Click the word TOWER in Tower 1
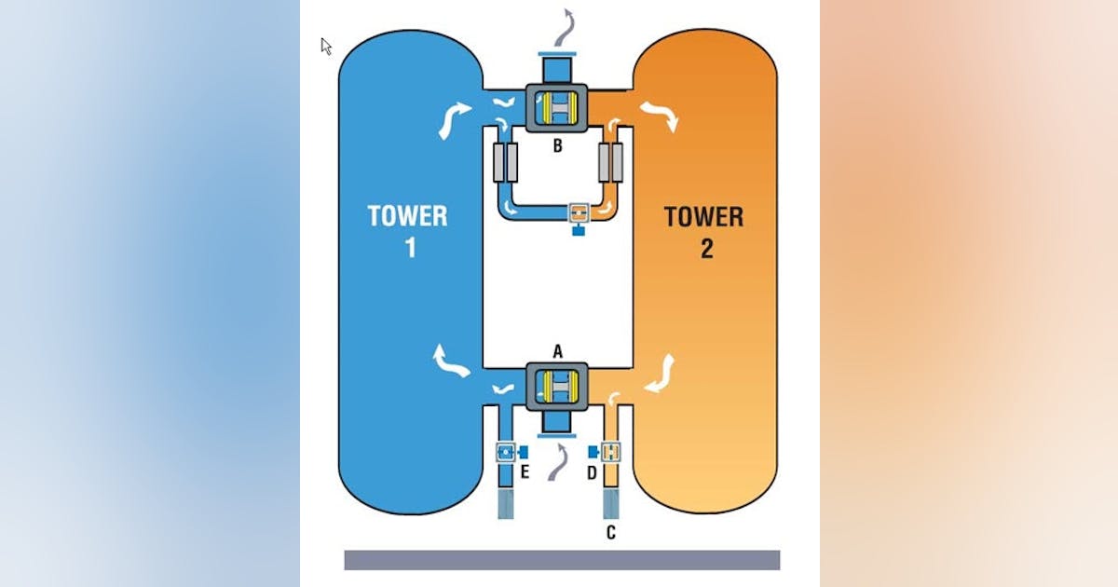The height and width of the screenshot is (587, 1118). [x=407, y=216]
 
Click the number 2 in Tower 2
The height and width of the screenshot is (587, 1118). [x=706, y=249]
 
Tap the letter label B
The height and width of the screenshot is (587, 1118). [x=557, y=145]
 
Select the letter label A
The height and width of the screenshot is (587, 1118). [x=558, y=350]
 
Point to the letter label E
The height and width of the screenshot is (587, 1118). [x=525, y=472]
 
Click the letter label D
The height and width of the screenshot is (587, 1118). [x=591, y=472]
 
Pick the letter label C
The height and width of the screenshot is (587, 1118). [x=611, y=533]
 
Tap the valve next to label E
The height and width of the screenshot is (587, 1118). [x=506, y=452]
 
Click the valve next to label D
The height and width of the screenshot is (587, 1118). [x=610, y=452]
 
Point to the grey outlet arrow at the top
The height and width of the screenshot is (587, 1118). [x=564, y=26]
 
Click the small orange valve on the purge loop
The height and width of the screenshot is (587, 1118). [x=579, y=212]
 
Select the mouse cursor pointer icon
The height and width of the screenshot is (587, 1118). [x=326, y=46]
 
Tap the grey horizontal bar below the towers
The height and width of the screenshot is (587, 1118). [x=562, y=560]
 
